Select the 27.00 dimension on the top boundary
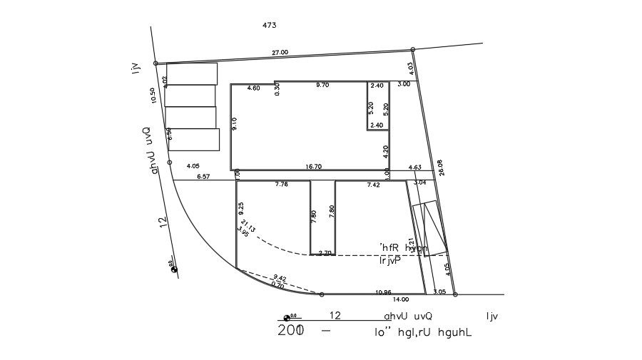pos(280,52)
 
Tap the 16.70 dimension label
pos(313,166)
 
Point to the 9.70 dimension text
pos(322,85)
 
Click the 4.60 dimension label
pos(253,88)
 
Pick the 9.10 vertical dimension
pos(235,123)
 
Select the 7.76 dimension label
pos(282,185)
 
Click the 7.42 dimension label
pos(374,185)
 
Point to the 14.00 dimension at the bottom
pos(400,299)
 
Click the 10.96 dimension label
pos(384,292)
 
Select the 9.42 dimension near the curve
pos(280,278)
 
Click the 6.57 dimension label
pos(203,176)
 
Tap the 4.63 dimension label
pos(414,167)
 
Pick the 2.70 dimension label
pos(325,252)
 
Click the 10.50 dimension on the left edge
pos(152,96)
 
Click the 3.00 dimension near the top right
pos(404,84)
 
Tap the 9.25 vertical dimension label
pos(240,209)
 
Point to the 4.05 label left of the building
pos(193,165)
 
